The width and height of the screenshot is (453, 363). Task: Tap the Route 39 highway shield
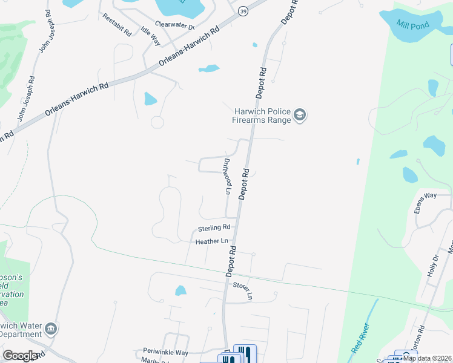tap(242, 11)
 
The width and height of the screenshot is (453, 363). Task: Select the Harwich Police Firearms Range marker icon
tap(299, 115)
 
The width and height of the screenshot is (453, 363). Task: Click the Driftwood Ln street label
tap(228, 176)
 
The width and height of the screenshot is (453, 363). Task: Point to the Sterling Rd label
tap(214, 228)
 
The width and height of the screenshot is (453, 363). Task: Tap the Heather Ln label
tap(211, 241)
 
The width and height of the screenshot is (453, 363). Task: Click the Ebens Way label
tap(425, 203)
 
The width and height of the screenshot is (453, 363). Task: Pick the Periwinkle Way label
tap(166, 352)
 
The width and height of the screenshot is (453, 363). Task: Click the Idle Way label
tap(150, 36)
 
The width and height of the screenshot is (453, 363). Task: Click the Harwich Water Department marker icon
tap(51, 329)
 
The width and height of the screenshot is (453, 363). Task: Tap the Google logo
tap(20, 356)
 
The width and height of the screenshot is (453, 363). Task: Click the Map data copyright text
tap(426, 358)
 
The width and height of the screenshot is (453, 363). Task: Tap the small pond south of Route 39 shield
tap(209, 68)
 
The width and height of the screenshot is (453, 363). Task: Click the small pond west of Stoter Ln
tap(180, 291)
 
